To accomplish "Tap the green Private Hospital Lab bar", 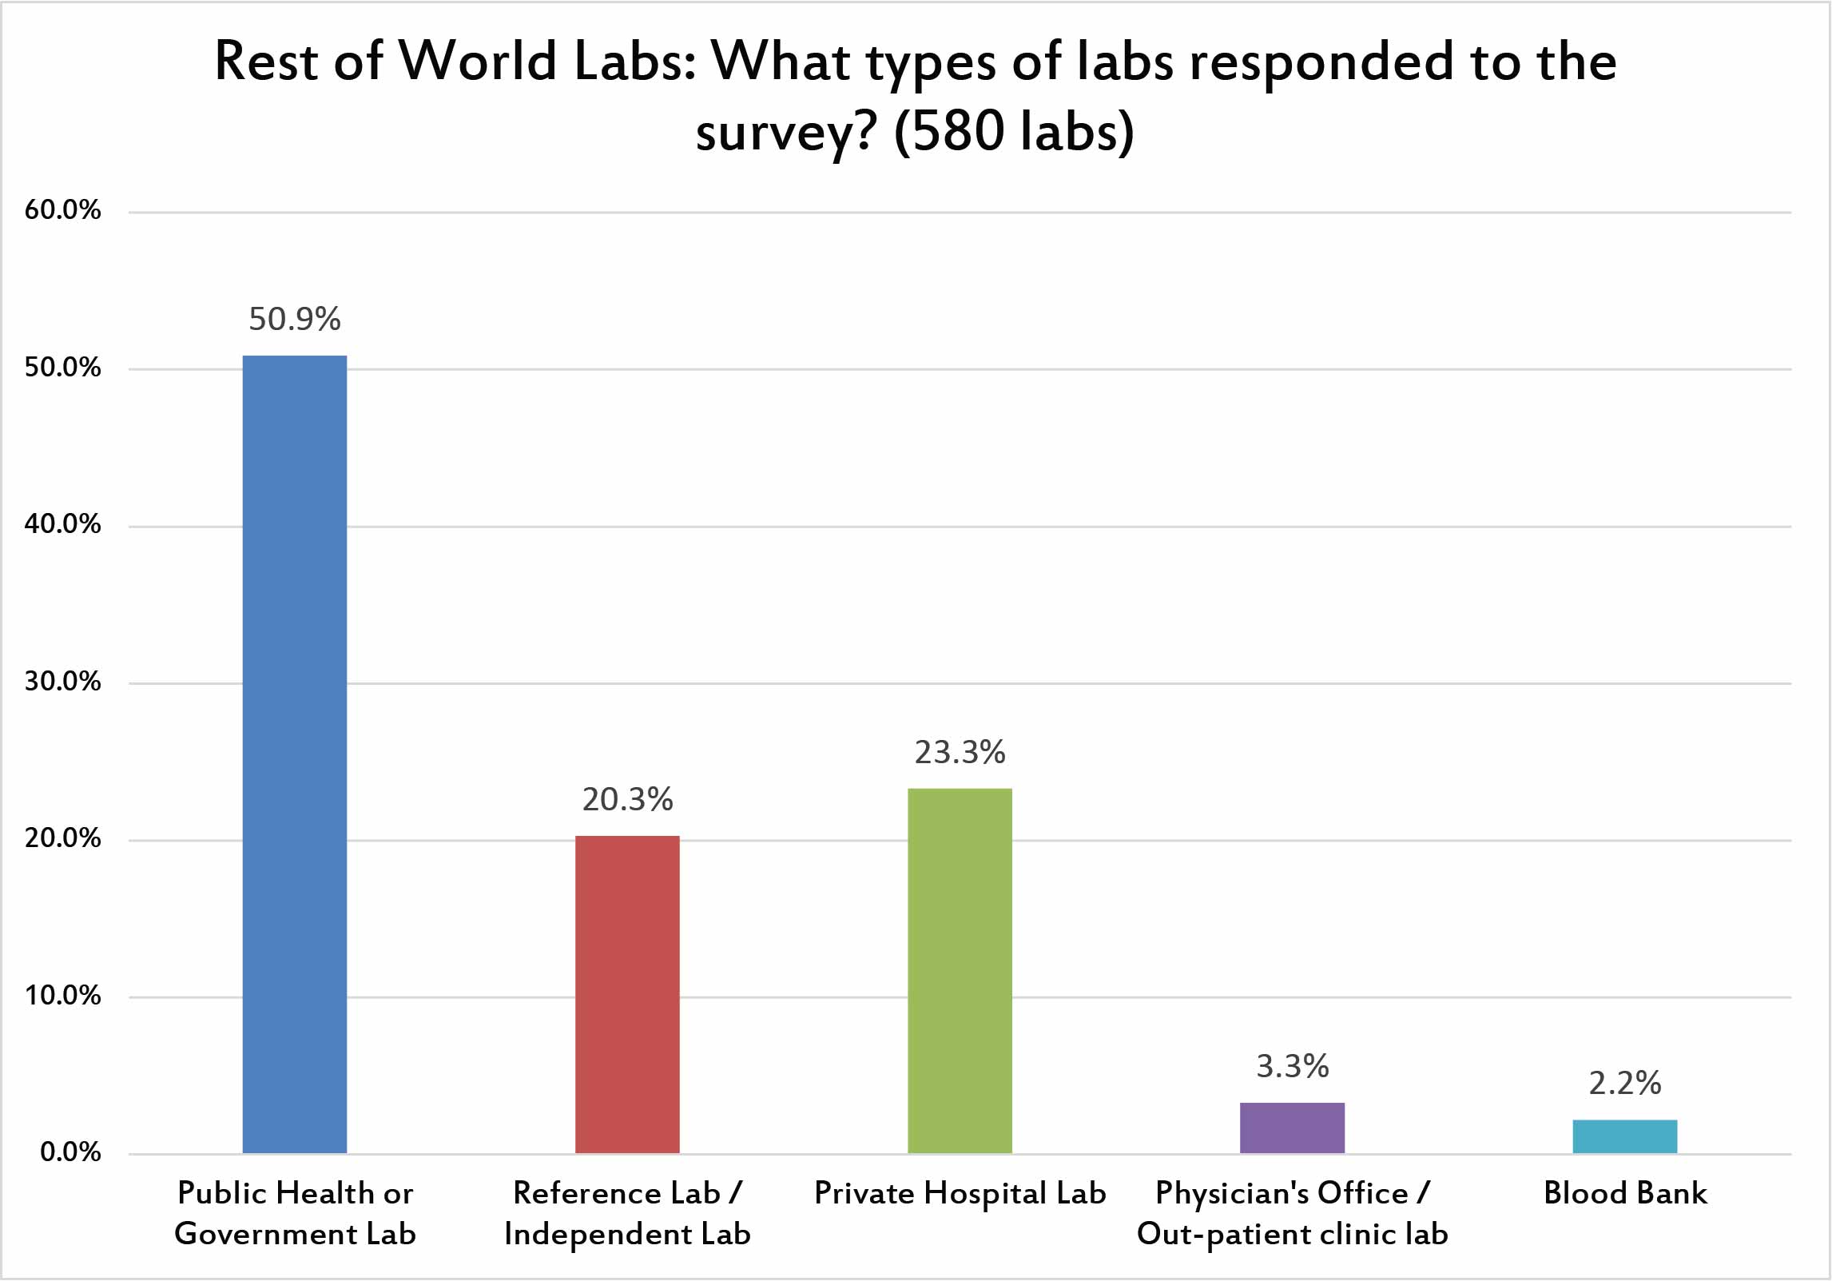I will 960,970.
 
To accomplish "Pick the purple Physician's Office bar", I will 1292,1128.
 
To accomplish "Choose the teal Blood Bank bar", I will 1624,1136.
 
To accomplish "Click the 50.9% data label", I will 294,319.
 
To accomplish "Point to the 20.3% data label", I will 627,799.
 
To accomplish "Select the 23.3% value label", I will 960,752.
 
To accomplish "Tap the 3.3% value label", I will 1292,1066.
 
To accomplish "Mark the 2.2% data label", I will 1624,1083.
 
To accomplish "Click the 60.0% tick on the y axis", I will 62,210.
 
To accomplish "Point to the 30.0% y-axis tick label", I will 62,682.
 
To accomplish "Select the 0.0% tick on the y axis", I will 70,1152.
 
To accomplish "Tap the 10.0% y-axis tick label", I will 62,996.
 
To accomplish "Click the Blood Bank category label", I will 1624,1193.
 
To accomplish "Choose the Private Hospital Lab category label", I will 960,1193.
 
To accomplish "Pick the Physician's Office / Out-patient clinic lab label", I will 1292,1213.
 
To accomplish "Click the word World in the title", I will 477,61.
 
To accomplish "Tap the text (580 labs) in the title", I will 1013,131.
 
